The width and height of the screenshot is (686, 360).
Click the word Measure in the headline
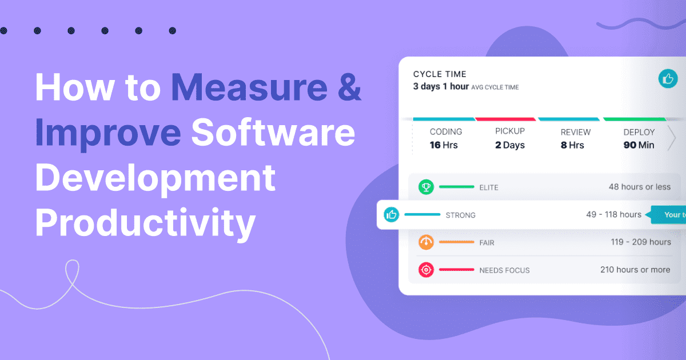click(x=249, y=87)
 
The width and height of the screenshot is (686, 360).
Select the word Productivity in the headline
click(x=145, y=223)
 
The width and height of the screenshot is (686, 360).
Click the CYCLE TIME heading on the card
click(x=440, y=74)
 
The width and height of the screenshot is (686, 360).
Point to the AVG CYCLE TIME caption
click(x=495, y=87)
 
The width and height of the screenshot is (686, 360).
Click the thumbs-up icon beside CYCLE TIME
click(x=668, y=79)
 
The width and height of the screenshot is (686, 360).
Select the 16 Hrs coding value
click(x=444, y=145)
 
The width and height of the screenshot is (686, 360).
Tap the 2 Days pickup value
click(x=510, y=145)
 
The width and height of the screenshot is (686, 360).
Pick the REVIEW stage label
click(x=576, y=132)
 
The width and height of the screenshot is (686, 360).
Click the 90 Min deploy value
click(x=639, y=145)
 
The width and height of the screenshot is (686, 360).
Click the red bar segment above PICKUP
click(x=505, y=119)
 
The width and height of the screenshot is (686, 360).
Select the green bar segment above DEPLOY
click(x=635, y=119)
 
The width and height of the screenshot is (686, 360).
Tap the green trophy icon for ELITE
click(x=426, y=187)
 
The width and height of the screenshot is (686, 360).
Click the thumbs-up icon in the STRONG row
click(x=392, y=215)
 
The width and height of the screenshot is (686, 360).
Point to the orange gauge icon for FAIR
click(x=426, y=242)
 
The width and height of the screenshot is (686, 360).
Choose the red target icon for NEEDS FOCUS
click(x=426, y=270)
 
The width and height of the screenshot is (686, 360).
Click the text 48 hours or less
click(x=640, y=187)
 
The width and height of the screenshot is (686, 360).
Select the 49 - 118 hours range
click(x=614, y=214)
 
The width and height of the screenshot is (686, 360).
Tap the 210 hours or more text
click(x=635, y=269)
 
